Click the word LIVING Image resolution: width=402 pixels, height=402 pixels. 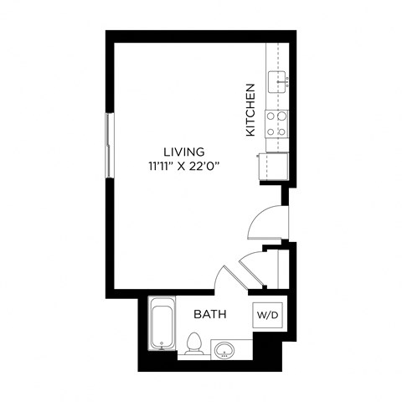(x=183, y=152)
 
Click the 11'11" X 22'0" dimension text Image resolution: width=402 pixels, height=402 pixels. (x=183, y=166)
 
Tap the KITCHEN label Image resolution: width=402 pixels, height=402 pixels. (x=250, y=110)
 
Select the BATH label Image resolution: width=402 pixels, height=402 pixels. (x=209, y=315)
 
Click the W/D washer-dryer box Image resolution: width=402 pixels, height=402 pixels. (x=268, y=316)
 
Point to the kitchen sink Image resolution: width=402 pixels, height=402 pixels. (x=276, y=80)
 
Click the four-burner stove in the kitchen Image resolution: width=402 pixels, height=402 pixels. (x=277, y=123)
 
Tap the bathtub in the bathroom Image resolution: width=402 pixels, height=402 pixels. (x=162, y=325)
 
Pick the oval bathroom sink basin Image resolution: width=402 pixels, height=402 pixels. (x=224, y=350)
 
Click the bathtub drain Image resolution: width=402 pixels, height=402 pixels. (x=162, y=343)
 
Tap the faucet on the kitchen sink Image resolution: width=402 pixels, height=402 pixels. (x=286, y=80)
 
